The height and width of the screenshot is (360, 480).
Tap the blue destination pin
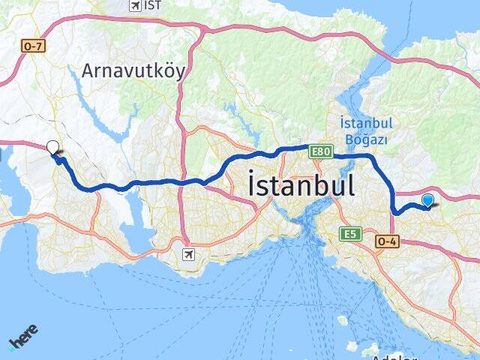(x=427, y=200)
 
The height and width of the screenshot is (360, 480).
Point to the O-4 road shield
(x=387, y=240)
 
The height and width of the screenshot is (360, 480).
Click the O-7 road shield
(x=33, y=46)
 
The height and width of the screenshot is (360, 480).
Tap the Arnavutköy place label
(x=133, y=71)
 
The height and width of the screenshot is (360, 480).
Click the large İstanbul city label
(x=301, y=184)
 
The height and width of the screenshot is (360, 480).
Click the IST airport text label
(x=153, y=5)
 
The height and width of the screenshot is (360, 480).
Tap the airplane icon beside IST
(x=135, y=5)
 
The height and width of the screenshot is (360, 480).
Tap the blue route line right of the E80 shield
(x=349, y=155)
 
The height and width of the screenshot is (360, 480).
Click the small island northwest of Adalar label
(x=343, y=320)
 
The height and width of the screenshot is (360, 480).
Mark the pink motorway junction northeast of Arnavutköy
(x=201, y=29)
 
